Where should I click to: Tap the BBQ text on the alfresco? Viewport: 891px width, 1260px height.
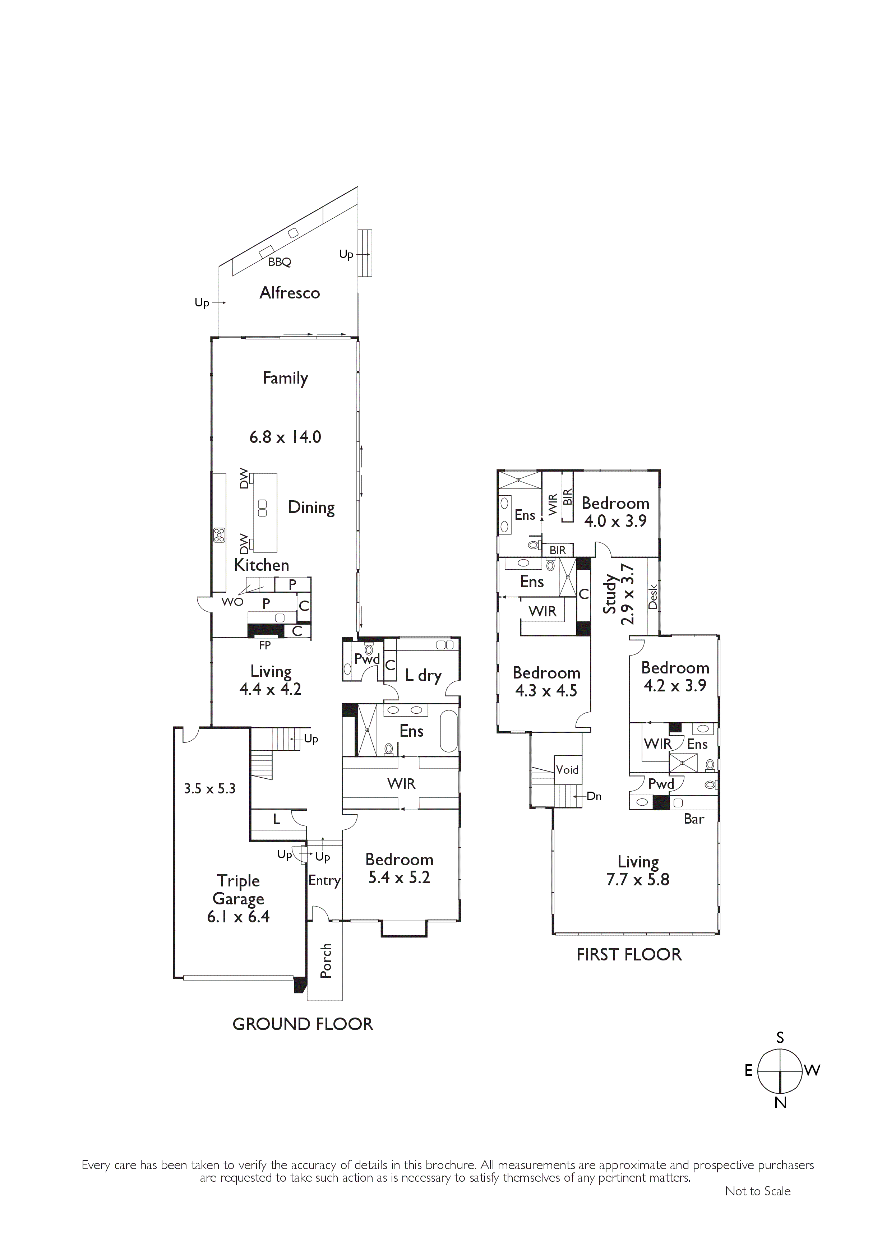click(x=280, y=262)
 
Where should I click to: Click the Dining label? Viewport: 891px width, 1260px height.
click(x=311, y=508)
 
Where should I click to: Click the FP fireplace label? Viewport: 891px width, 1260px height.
click(x=265, y=645)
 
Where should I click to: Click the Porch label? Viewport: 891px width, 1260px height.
click(x=326, y=961)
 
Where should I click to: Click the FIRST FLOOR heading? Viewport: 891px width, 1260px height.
click(x=629, y=954)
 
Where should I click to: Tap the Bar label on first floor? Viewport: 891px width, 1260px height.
click(x=694, y=819)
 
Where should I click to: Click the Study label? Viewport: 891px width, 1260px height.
click(x=610, y=594)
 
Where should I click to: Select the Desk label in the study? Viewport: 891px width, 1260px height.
click(x=653, y=597)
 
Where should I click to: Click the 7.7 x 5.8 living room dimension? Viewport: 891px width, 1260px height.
click(x=638, y=880)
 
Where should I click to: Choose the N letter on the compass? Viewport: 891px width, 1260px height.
click(x=781, y=1103)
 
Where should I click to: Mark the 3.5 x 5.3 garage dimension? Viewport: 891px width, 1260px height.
click(x=210, y=789)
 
